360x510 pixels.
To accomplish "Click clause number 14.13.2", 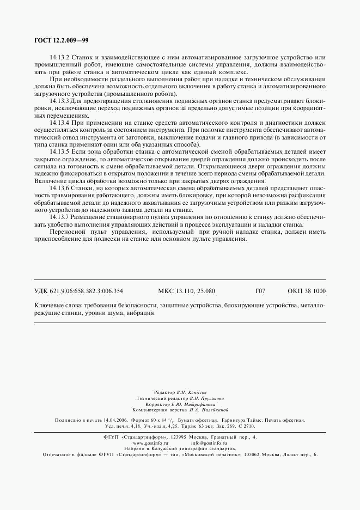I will pos(59,57).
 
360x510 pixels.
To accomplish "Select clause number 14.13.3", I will pos(59,101).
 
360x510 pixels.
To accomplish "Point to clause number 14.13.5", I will pos(59,152).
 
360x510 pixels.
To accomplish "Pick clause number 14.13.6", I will pos(59,188).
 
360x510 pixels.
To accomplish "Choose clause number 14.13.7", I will pos(59,217).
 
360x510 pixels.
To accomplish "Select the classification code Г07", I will pos(260,292).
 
